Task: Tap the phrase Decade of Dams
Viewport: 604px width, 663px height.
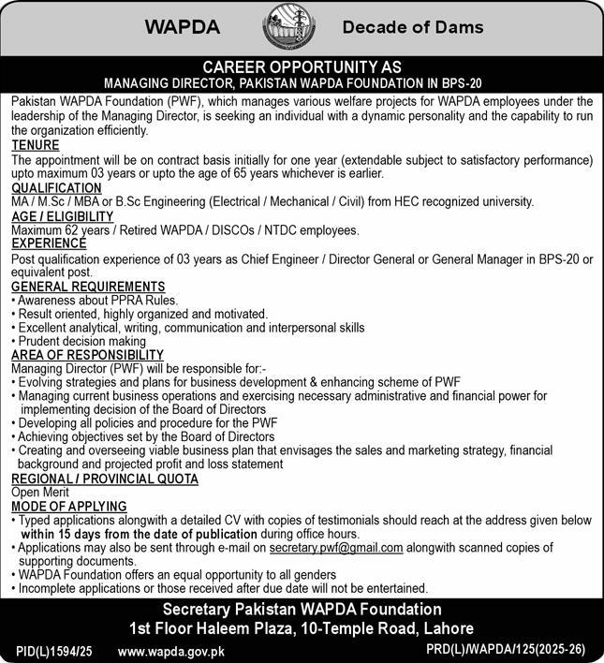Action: point(413,27)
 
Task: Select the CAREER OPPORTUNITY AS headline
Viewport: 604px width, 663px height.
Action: point(302,67)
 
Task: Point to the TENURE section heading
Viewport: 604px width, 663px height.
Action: point(36,146)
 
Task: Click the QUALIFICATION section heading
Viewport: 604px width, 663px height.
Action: point(56,188)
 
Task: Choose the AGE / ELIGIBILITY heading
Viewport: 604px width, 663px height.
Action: point(60,216)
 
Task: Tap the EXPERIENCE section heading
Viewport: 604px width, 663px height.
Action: point(48,243)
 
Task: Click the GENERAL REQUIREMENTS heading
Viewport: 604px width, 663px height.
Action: point(88,287)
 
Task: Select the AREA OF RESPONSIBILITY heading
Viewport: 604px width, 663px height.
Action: point(87,355)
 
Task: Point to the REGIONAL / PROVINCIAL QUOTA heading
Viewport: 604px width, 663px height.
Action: point(105,479)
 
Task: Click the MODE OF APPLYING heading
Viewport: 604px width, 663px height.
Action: point(69,506)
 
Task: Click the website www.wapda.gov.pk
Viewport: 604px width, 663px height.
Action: point(171,650)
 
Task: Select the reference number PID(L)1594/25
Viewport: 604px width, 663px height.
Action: point(55,650)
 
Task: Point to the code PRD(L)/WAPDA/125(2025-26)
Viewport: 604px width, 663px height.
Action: point(504,650)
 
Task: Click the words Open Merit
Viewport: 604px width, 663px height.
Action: point(41,493)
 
